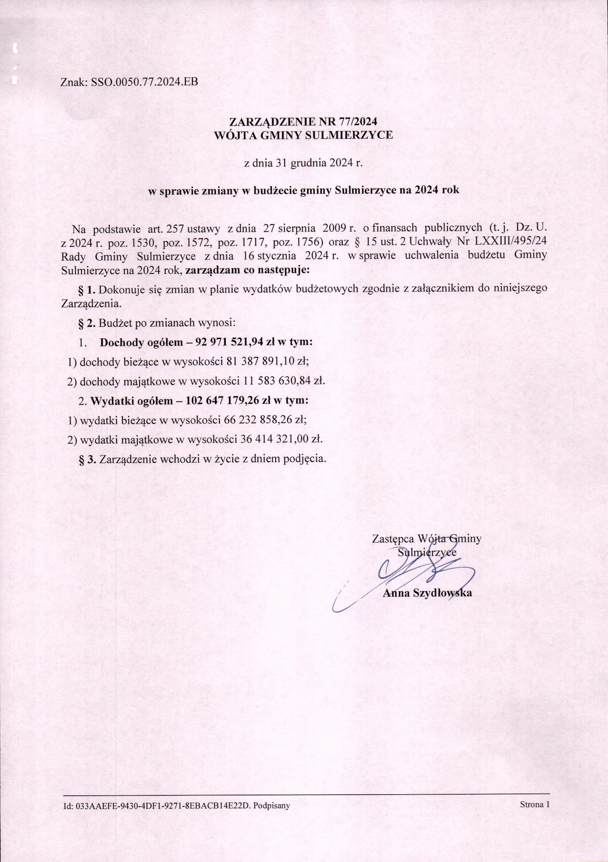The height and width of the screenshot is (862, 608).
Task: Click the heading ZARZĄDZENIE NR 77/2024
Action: tap(303, 122)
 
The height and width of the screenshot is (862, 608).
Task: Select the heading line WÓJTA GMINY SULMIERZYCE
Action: tap(303, 135)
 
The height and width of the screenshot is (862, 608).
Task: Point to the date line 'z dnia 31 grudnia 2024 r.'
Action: tap(303, 163)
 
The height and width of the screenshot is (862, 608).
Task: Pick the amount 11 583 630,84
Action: tap(273, 381)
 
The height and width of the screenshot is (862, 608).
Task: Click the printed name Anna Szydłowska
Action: tap(427, 593)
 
